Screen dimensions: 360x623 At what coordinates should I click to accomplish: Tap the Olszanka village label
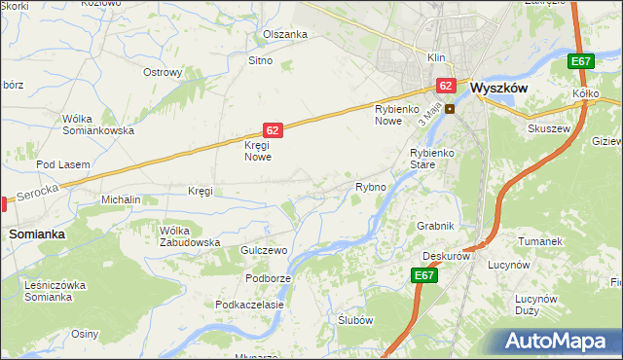click(285, 34)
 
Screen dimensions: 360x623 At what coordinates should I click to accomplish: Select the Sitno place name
click(260, 60)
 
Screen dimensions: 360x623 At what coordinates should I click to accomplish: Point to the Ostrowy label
click(163, 72)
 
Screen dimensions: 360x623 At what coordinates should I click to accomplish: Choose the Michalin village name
click(122, 199)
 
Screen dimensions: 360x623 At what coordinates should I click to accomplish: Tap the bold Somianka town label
click(37, 234)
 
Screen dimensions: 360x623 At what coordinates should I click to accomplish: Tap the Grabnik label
click(435, 226)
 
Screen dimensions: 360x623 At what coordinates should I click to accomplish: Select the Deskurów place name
click(447, 257)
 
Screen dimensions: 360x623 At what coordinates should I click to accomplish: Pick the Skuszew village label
click(547, 127)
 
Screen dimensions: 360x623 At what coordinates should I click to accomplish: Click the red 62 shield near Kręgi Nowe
click(274, 129)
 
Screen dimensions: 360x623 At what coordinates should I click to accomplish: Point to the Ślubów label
click(355, 320)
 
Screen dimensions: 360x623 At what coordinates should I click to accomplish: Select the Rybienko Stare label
click(432, 159)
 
